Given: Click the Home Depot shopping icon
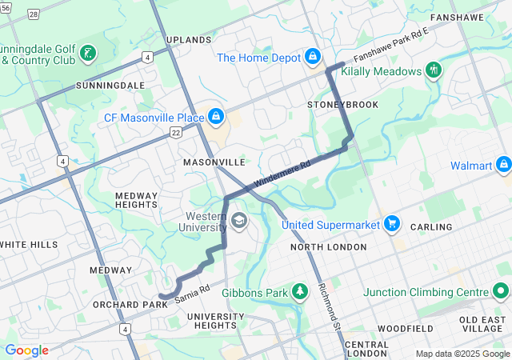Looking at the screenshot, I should (313, 58).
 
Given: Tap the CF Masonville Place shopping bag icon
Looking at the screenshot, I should (216, 118).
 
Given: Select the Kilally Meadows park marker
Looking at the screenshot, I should (434, 70).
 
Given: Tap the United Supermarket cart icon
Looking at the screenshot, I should (391, 223).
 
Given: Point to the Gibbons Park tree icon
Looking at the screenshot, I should (300, 291).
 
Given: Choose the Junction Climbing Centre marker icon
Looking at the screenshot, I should (502, 291).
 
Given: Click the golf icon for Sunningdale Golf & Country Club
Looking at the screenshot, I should (89, 54).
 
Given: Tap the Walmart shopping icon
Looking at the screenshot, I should (503, 166).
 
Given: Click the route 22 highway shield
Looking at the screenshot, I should (175, 134).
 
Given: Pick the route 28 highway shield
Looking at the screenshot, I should (33, 14).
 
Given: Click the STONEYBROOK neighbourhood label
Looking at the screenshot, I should (342, 105).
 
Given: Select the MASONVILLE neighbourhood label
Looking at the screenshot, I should (214, 162).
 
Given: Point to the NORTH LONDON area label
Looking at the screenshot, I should (327, 247).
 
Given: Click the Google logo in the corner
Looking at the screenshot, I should (26, 350).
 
